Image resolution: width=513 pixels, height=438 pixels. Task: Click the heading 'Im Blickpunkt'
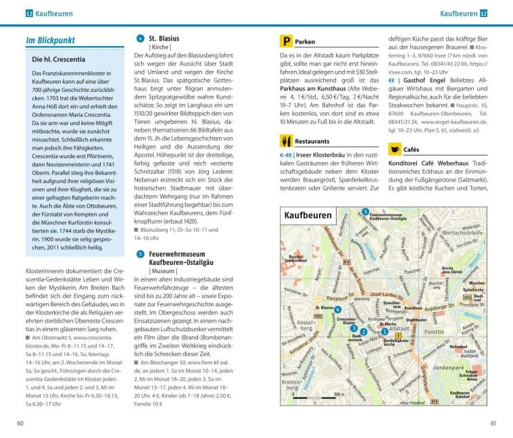[50, 41]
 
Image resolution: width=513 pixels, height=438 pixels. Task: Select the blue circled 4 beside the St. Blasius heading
[140, 39]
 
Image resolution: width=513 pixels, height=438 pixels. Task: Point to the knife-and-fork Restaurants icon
[286, 141]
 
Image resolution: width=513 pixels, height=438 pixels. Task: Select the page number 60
[22, 424]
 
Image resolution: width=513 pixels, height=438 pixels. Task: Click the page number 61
[493, 424]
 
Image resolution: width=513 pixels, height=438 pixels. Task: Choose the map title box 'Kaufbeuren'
[309, 216]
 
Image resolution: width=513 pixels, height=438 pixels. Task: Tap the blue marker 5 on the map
[365, 212]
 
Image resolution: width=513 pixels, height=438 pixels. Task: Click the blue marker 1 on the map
[385, 331]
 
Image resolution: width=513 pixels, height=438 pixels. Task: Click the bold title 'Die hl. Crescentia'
[59, 60]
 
